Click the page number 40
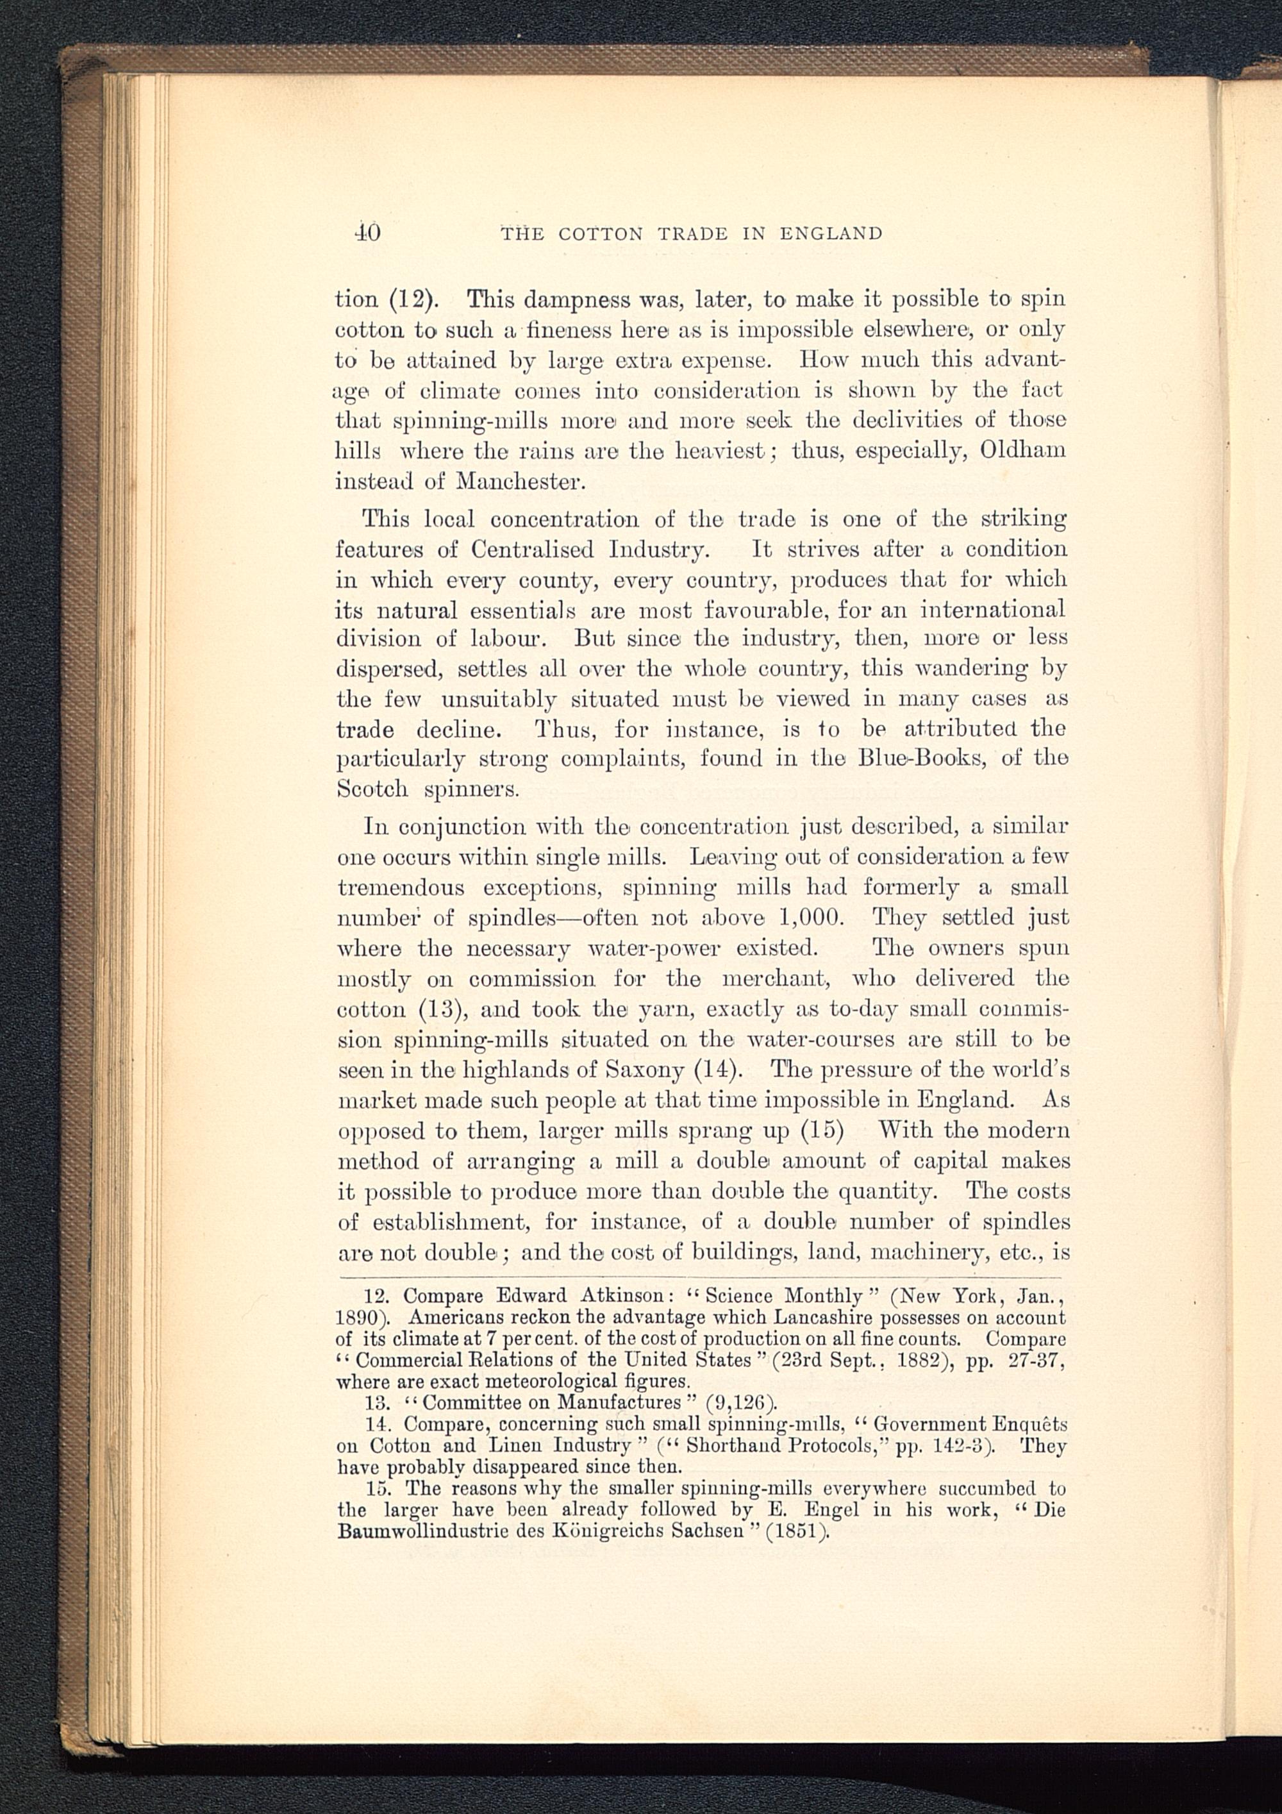(367, 233)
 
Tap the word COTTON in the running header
(601, 234)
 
